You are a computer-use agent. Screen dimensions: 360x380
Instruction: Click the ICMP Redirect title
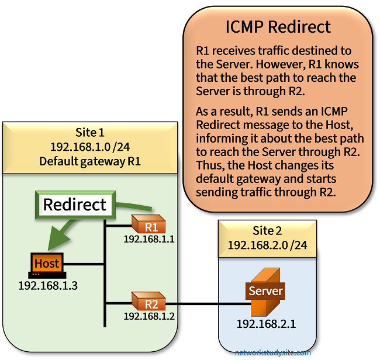point(278,27)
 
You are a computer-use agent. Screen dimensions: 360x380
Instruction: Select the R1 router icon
point(148,226)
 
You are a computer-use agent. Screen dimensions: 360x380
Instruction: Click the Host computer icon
point(47,265)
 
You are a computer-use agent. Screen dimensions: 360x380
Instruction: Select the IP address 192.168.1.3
point(47,286)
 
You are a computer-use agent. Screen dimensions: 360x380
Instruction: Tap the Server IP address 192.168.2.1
point(265,323)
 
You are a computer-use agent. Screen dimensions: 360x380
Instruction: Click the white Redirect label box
point(75,205)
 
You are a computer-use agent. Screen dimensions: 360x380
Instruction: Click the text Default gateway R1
point(90,161)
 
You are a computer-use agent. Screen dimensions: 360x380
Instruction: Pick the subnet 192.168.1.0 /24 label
point(90,147)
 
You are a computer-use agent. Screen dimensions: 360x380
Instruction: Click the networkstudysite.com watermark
point(273,352)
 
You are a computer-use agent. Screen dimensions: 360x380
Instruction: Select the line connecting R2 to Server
point(205,303)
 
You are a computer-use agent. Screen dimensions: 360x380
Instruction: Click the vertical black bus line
point(105,275)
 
